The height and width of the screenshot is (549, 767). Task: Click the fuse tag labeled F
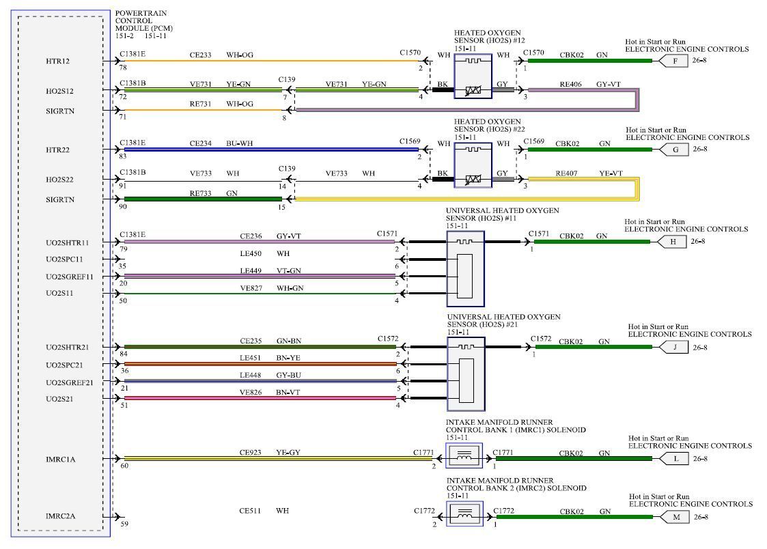[x=675, y=61]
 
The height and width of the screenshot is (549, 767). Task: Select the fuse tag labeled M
[x=676, y=517]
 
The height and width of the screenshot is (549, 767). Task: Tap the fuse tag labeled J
[x=675, y=347]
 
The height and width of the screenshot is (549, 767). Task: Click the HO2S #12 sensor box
[x=473, y=74]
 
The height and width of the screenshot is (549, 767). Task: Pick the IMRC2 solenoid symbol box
[x=464, y=513]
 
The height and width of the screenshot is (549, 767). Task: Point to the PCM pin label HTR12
[x=58, y=61]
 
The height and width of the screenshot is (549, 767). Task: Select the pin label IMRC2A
[x=60, y=516]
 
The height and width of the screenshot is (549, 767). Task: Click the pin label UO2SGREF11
[x=70, y=277]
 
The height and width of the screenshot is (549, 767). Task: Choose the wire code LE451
[x=250, y=357]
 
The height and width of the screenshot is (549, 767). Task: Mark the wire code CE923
[x=250, y=452]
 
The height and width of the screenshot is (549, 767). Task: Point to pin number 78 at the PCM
[x=123, y=68]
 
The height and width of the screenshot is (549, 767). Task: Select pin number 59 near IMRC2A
[x=124, y=524]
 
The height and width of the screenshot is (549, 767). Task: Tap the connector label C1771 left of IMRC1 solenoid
[x=423, y=453]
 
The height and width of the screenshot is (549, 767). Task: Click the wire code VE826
[x=250, y=392]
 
